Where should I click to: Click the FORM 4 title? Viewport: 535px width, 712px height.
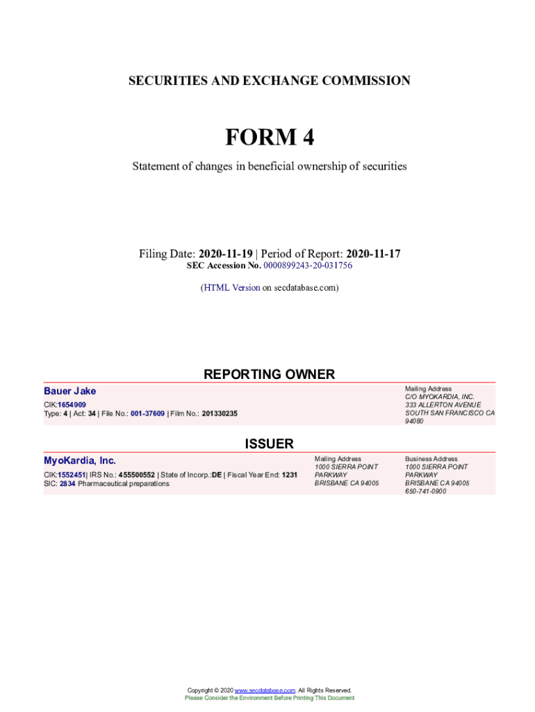pyautogui.click(x=269, y=138)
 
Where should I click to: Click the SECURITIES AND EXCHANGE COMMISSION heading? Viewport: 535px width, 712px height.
pyautogui.click(x=269, y=81)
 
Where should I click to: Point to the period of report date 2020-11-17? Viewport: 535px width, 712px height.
pyautogui.click(x=373, y=254)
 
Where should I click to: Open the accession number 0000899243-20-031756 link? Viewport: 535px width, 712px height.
pyautogui.click(x=308, y=266)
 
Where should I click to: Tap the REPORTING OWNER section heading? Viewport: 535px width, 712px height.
pyautogui.click(x=269, y=374)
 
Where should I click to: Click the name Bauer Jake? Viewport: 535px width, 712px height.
pyautogui.click(x=70, y=391)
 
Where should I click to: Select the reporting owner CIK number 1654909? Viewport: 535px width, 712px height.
pyautogui.click(x=72, y=405)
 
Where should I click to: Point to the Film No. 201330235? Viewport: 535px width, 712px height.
pyautogui.click(x=220, y=414)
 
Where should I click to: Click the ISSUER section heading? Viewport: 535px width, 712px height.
pyautogui.click(x=269, y=444)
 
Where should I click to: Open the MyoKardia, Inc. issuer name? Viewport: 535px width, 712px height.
pyautogui.click(x=80, y=460)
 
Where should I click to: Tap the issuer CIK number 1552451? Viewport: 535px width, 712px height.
pyautogui.click(x=72, y=476)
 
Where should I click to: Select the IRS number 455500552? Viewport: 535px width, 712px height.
pyautogui.click(x=137, y=476)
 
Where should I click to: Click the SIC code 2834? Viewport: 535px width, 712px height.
pyautogui.click(x=67, y=484)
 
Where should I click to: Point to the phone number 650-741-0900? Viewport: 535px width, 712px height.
pyautogui.click(x=427, y=491)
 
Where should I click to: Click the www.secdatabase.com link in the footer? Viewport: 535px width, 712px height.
pyautogui.click(x=265, y=690)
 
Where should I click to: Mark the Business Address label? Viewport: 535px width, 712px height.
pyautogui.click(x=431, y=459)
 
